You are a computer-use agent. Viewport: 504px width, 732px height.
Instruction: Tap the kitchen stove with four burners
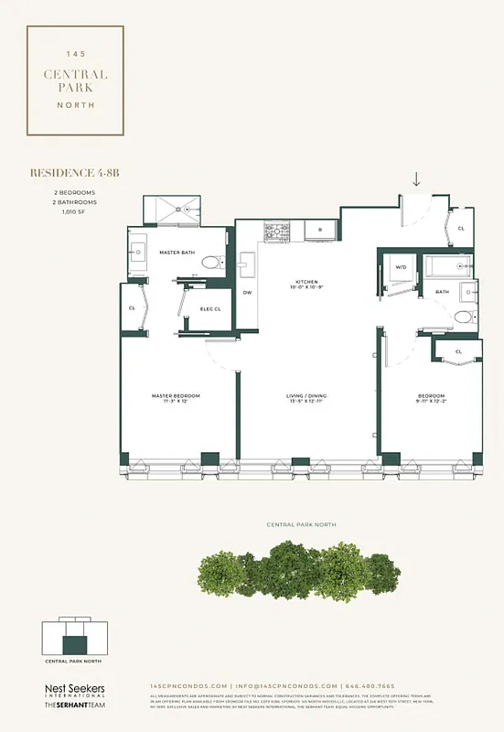(277, 232)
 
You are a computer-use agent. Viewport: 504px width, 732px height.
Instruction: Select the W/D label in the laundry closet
(401, 268)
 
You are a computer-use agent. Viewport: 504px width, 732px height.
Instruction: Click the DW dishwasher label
(247, 293)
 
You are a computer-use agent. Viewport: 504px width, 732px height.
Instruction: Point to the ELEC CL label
(212, 308)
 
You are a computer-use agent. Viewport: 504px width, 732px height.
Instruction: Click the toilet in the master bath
(210, 263)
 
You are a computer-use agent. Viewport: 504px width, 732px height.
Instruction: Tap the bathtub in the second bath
(447, 267)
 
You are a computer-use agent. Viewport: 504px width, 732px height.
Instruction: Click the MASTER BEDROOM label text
(176, 396)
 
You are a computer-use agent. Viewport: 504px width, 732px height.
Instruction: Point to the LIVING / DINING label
(306, 396)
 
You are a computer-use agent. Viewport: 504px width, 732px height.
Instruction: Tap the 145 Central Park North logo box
(75, 81)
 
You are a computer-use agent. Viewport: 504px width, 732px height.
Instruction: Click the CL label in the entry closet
(461, 228)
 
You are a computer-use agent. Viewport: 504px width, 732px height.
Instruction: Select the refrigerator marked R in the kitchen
(320, 231)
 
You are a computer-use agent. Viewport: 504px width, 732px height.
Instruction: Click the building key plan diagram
(74, 637)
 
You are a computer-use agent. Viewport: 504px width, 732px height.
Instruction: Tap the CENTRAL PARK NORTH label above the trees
(301, 525)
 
